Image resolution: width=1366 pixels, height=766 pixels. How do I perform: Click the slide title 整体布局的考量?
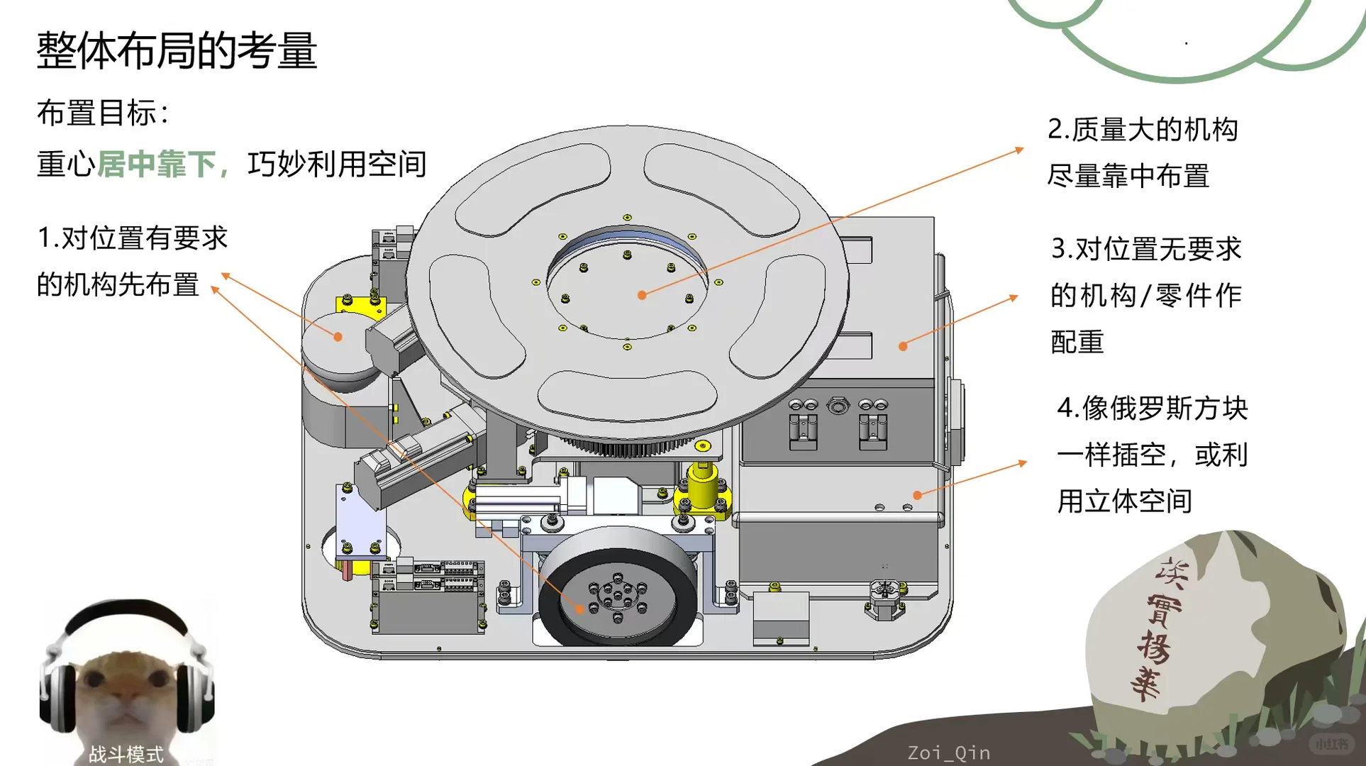point(177,51)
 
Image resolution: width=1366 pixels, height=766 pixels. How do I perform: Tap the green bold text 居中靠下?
point(156,165)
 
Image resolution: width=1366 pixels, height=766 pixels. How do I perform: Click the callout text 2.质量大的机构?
point(1143,130)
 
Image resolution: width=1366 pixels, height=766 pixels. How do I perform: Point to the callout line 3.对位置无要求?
point(1146,249)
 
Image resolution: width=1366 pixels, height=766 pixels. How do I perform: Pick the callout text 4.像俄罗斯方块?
point(1152,409)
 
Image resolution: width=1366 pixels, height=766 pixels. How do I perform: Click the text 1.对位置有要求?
point(133,238)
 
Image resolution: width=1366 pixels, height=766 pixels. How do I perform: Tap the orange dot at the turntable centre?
point(642,295)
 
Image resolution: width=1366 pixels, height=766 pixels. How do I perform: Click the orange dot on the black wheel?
point(580,609)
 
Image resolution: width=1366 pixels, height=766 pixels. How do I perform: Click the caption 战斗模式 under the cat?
point(126,753)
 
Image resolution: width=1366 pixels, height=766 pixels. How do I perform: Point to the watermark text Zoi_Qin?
point(948,753)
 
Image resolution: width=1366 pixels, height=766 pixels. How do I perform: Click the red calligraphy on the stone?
point(1156,628)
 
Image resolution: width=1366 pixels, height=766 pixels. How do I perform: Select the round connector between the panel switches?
point(838,406)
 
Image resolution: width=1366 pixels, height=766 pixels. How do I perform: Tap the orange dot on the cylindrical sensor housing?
point(338,337)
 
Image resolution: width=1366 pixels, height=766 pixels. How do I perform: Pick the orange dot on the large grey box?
point(903,346)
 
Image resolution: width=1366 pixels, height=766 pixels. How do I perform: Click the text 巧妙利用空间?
point(337,165)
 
